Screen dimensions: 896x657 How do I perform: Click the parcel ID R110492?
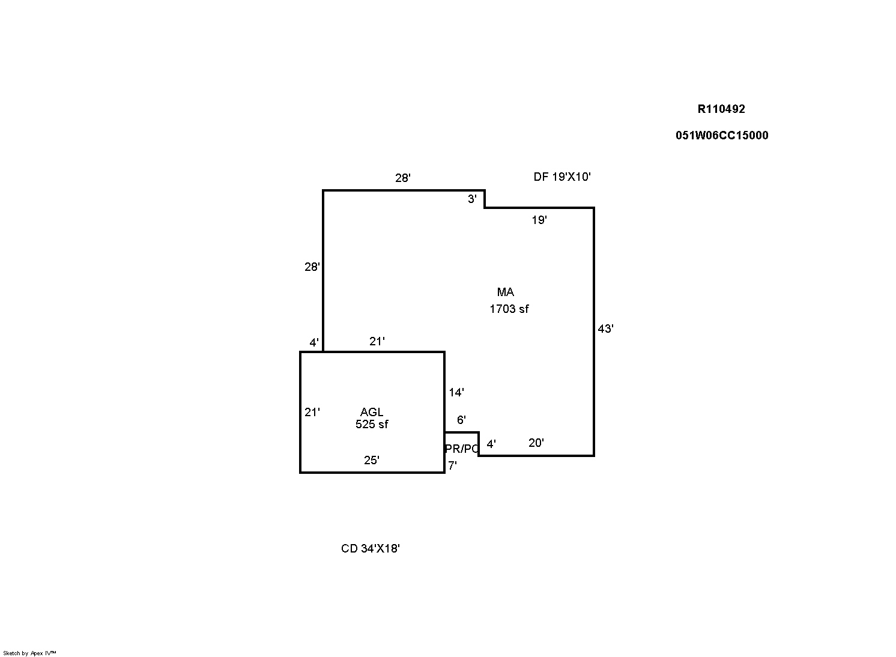pos(721,109)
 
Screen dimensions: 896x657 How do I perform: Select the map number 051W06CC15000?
pos(722,135)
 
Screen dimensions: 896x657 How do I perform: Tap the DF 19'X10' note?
pos(562,177)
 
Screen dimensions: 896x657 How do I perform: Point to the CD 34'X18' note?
pos(371,548)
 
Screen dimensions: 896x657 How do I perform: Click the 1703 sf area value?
pos(509,309)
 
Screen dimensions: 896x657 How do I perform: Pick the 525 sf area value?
pos(372,424)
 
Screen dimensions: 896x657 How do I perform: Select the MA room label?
pos(506,292)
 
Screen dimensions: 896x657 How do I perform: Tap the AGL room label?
pos(372,412)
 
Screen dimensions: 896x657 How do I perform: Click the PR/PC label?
pos(462,449)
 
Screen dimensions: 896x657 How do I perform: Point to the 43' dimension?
pos(605,329)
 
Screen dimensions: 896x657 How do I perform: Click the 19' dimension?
pos(539,220)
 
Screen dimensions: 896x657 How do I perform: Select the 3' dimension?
pos(473,199)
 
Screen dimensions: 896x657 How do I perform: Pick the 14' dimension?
pos(456,393)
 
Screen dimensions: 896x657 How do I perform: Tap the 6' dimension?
pos(461,420)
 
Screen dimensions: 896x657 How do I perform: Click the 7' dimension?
pos(452,465)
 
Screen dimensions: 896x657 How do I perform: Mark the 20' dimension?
pos(536,443)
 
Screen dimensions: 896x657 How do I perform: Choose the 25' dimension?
pos(372,460)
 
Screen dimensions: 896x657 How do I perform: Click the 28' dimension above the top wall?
pos(403,178)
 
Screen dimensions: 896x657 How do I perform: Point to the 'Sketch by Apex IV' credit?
pos(29,653)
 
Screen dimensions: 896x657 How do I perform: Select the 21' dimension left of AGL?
pos(312,412)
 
